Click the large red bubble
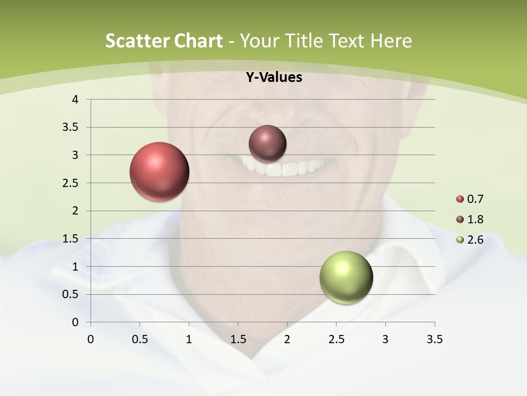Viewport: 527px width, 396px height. pyautogui.click(x=159, y=172)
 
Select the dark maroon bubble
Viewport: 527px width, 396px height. pyautogui.click(x=267, y=144)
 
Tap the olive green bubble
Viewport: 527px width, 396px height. pyautogui.click(x=346, y=277)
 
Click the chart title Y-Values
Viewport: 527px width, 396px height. pyautogui.click(x=273, y=78)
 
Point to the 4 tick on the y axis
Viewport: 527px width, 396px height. pyautogui.click(x=76, y=100)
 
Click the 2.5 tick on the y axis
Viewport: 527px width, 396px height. pyautogui.click(x=71, y=183)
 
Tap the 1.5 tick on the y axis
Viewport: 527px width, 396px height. pyautogui.click(x=71, y=239)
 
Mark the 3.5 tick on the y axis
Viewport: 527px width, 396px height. pyautogui.click(x=71, y=128)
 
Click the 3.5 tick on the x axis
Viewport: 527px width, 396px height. pyautogui.click(x=434, y=339)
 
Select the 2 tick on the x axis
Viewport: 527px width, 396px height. pyautogui.click(x=287, y=339)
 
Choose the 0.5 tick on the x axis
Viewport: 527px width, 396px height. pyautogui.click(x=140, y=339)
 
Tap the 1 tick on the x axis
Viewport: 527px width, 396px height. pyautogui.click(x=189, y=339)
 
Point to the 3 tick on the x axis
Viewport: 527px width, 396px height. pyautogui.click(x=385, y=339)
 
